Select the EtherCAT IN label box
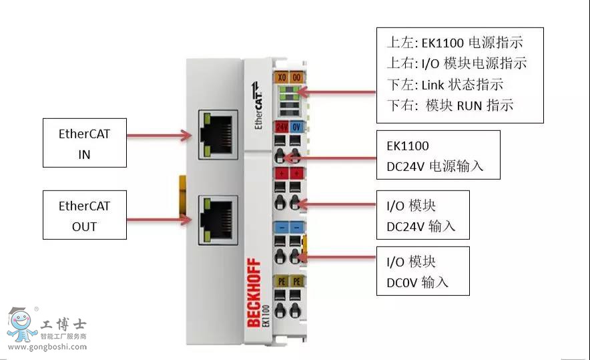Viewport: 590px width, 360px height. (x=84, y=143)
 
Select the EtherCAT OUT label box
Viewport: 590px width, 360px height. (x=84, y=215)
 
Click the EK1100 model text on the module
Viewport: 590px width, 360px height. (x=266, y=315)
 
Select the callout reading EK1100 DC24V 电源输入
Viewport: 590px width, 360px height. (x=438, y=155)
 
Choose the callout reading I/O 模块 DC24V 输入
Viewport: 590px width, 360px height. (x=422, y=214)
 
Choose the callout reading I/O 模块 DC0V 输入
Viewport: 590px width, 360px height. (x=422, y=271)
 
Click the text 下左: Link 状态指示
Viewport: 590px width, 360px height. (x=445, y=85)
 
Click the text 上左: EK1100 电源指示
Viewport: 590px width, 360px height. (x=455, y=43)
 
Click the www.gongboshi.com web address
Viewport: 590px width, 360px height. (x=46, y=347)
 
